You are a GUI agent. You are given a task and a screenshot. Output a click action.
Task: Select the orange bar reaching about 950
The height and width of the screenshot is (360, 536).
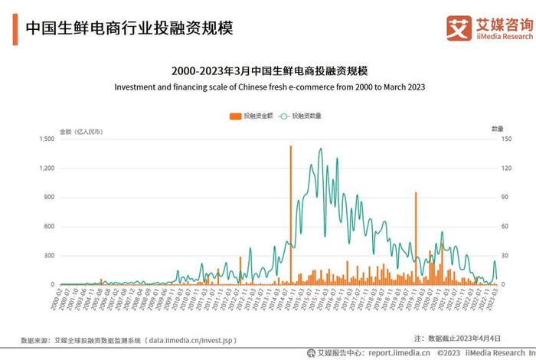coord(416,237)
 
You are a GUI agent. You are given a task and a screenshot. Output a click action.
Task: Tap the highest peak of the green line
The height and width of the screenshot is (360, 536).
coord(320,149)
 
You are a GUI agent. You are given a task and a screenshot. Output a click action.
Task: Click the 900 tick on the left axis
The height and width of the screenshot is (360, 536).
coord(48,197)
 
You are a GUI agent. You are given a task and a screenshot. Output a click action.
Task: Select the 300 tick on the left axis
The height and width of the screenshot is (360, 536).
coord(48,255)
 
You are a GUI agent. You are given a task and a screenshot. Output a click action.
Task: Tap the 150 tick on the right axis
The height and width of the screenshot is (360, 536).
coord(496,139)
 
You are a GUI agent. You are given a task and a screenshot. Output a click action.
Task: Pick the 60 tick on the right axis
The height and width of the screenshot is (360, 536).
coord(495,226)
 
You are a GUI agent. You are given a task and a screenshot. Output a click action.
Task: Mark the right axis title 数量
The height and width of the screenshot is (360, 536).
coord(497,129)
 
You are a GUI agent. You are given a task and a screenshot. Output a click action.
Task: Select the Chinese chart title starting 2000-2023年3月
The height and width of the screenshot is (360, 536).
coord(269,70)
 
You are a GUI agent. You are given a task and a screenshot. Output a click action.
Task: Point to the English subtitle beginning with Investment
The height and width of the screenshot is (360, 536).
coord(269,87)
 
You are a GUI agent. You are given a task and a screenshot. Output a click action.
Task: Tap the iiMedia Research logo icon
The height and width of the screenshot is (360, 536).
coord(459,28)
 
